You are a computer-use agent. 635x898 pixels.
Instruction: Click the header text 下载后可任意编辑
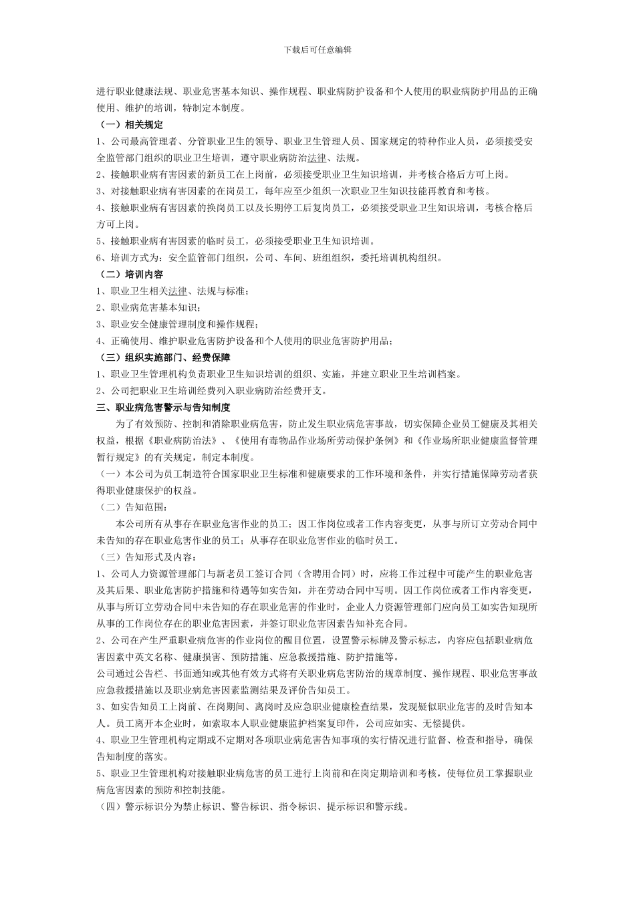(317, 49)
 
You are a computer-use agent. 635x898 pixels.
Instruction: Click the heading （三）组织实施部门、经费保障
(164, 357)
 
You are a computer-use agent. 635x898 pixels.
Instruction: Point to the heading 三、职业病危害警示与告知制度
(164, 407)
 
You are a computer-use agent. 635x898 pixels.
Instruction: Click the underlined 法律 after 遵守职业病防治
(316, 158)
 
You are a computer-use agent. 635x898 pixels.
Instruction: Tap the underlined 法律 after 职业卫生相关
(177, 291)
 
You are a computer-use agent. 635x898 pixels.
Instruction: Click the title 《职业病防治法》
(186, 440)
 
